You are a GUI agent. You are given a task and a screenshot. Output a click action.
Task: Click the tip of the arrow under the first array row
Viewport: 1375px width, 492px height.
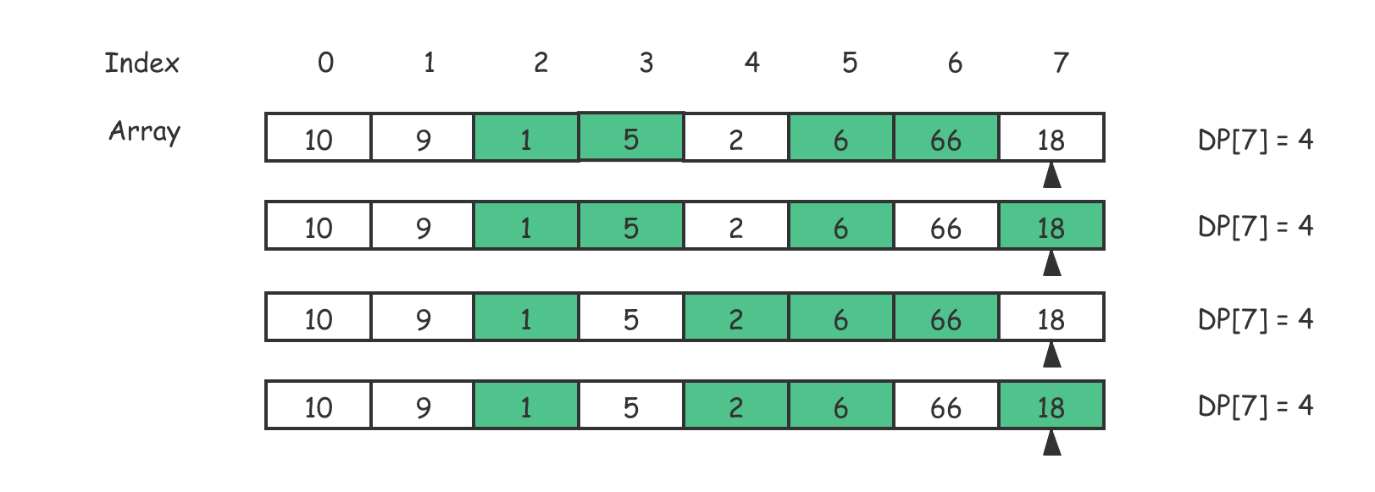[1052, 162]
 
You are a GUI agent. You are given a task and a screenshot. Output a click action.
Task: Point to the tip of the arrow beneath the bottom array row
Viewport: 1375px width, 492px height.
[1052, 430]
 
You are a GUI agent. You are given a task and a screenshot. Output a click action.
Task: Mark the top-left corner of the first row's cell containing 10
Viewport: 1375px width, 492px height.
[265, 113]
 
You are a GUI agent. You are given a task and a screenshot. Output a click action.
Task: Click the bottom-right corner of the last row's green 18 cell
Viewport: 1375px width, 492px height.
[1105, 429]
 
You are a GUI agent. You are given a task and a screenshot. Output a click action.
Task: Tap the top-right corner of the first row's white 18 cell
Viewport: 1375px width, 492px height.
[1105, 113]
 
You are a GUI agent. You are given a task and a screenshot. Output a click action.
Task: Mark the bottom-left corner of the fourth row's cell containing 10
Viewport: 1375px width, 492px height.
[265, 429]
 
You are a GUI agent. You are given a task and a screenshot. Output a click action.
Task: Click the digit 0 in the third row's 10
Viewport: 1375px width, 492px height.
[325, 320]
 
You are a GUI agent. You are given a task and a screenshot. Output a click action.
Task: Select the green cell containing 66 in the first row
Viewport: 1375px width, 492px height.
[946, 137]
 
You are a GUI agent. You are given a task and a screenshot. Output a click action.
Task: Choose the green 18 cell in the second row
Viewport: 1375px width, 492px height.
[1051, 225]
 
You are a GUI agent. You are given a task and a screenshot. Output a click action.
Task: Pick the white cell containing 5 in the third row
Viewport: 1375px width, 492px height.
[631, 317]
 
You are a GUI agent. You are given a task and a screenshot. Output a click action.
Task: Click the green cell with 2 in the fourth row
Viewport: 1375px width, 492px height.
[736, 405]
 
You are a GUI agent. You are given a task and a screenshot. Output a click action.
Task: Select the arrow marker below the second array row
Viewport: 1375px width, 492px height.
[1052, 263]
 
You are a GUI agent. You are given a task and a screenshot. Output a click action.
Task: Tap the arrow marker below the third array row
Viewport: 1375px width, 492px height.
[1052, 354]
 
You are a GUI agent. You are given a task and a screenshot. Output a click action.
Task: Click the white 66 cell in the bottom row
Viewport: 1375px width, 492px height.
[946, 405]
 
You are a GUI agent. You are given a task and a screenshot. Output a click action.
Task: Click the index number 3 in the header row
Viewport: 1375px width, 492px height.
[646, 63]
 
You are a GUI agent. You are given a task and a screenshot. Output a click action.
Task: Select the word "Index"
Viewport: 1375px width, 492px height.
[141, 63]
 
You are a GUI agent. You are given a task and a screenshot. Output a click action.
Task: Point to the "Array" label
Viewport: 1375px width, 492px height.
[145, 132]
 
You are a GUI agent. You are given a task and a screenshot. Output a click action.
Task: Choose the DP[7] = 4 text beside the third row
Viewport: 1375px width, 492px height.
[1256, 319]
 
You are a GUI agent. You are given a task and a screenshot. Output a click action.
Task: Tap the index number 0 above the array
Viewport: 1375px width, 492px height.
[326, 63]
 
